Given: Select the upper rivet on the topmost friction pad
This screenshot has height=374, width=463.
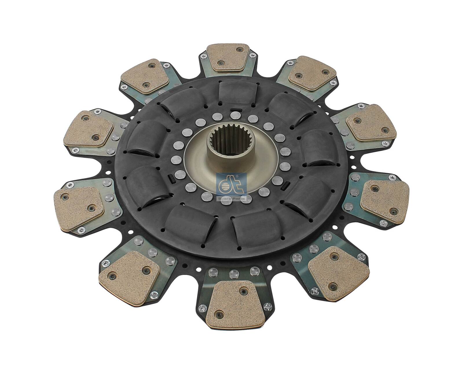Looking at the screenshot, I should pyautogui.click(x=239, y=50).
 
